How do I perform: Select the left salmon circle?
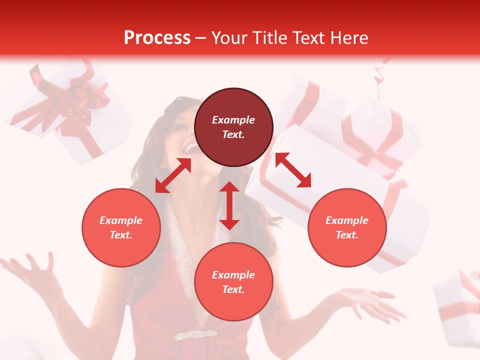pos(121,227)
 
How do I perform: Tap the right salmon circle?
pos(347,227)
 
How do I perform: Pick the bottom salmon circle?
pos(233,282)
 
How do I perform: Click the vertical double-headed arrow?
pos(229,205)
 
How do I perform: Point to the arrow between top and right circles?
pos(293,170)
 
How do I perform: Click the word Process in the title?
pos(157,38)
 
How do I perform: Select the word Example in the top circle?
pos(233,120)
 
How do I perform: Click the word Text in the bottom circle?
pos(233,289)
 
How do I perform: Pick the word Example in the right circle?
pos(347,220)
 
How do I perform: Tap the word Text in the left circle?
pos(121,235)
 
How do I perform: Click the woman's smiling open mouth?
pos(191,148)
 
